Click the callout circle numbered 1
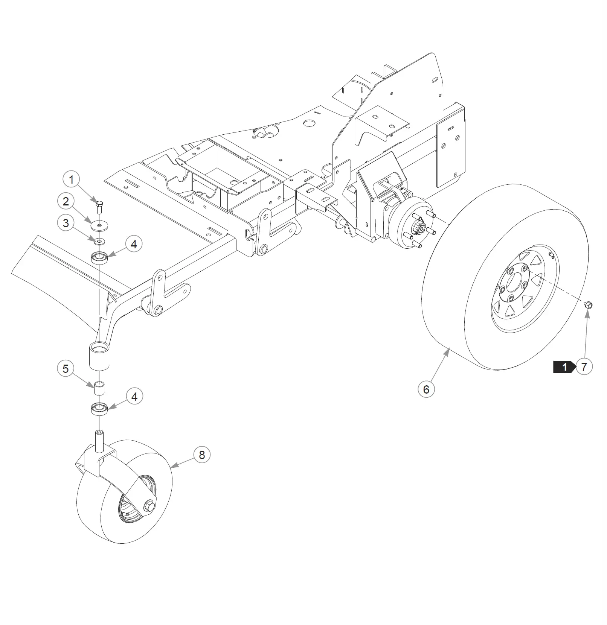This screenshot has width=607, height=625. tap(72, 179)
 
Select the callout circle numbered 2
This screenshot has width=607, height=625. tap(66, 201)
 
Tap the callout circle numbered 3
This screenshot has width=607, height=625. tap(66, 223)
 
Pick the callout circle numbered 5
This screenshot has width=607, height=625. tap(66, 368)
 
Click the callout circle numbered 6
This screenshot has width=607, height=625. tap(426, 389)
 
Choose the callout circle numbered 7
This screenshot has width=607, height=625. tap(584, 366)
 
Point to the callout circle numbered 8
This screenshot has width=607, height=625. tap(202, 455)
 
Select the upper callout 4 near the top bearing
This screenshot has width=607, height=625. tap(134, 244)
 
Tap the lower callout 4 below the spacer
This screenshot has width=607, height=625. tap(134, 397)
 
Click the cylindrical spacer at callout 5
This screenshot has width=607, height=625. tap(99, 388)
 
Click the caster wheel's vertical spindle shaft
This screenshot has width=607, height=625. tap(99, 441)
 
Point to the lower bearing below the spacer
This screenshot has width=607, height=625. tap(99, 409)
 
